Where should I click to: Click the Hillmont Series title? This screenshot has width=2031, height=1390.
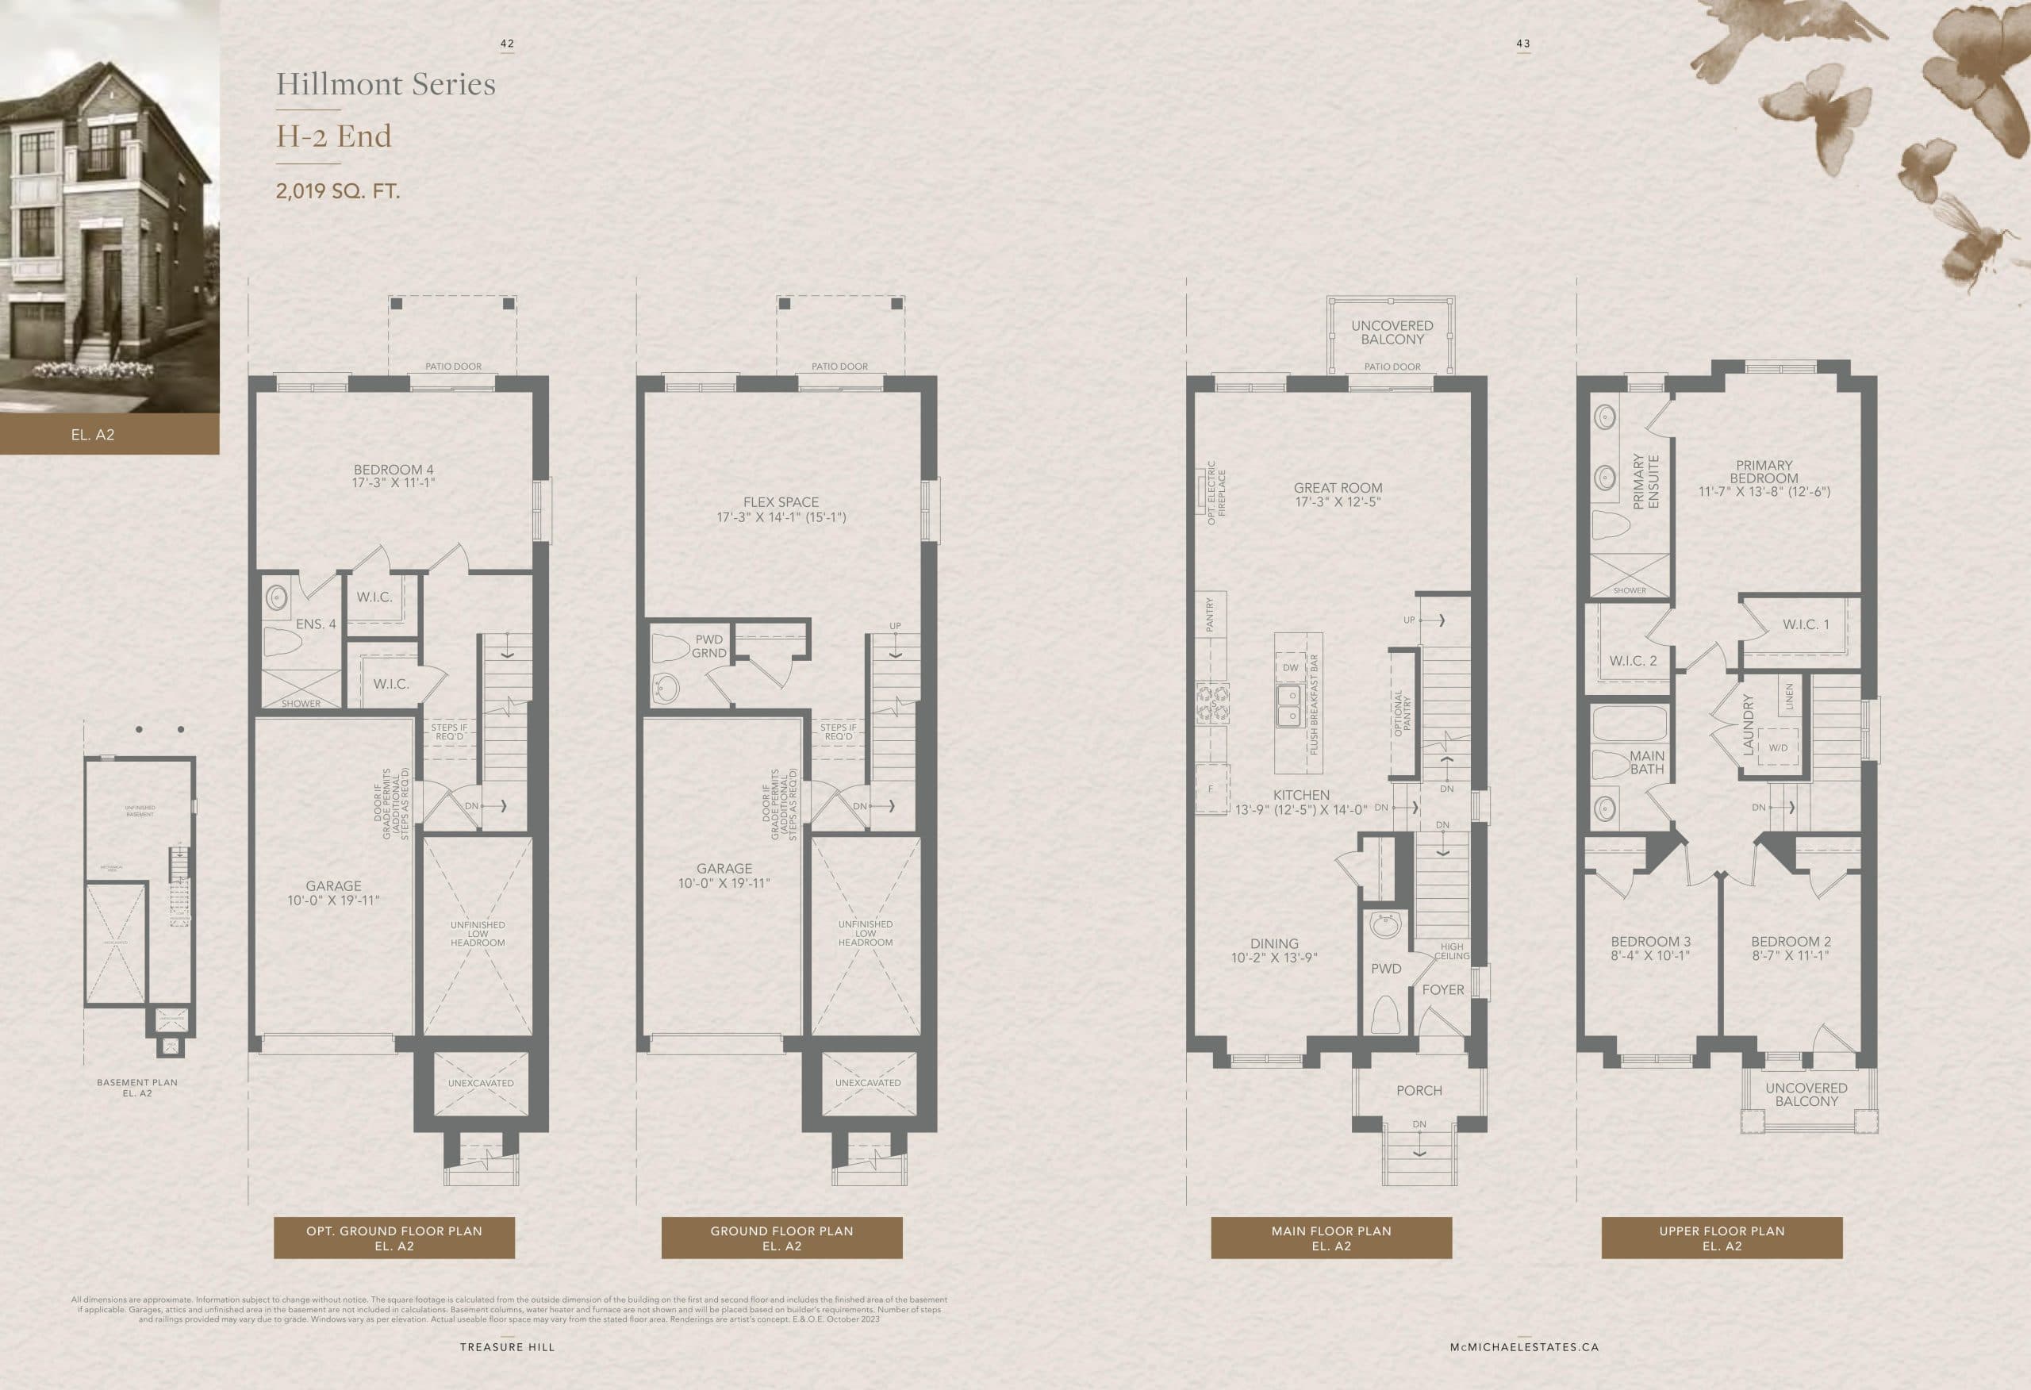pyautogui.click(x=386, y=84)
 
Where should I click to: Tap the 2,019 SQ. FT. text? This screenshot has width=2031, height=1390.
pyautogui.click(x=337, y=190)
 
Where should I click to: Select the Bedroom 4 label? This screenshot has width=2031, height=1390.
pyautogui.click(x=394, y=475)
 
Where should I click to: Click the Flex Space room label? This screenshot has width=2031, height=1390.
pyautogui.click(x=781, y=509)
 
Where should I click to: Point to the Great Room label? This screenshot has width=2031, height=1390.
pyautogui.click(x=1338, y=494)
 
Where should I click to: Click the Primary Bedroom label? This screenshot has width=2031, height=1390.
pyautogui.click(x=1764, y=478)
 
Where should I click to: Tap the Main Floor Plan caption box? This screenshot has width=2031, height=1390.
pyautogui.click(x=1331, y=1238)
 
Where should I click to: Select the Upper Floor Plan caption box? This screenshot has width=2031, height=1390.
pyautogui.click(x=1722, y=1238)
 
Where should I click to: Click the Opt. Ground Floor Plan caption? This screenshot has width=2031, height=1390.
pyautogui.click(x=394, y=1238)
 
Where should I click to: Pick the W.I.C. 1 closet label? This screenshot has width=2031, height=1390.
pyautogui.click(x=1806, y=624)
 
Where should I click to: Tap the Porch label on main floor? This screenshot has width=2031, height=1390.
pyautogui.click(x=1419, y=1090)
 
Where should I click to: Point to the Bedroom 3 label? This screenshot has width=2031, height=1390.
pyautogui.click(x=1651, y=947)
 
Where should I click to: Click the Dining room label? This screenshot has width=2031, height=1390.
pyautogui.click(x=1274, y=950)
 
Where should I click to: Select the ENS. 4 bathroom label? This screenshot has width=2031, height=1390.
pyautogui.click(x=316, y=624)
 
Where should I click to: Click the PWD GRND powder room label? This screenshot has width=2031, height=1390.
pyautogui.click(x=708, y=646)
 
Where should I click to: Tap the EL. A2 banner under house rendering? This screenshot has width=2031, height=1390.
pyautogui.click(x=93, y=435)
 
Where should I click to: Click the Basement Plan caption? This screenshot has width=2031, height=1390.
pyautogui.click(x=137, y=1087)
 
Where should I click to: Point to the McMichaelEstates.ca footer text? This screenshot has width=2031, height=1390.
pyautogui.click(x=1524, y=1347)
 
